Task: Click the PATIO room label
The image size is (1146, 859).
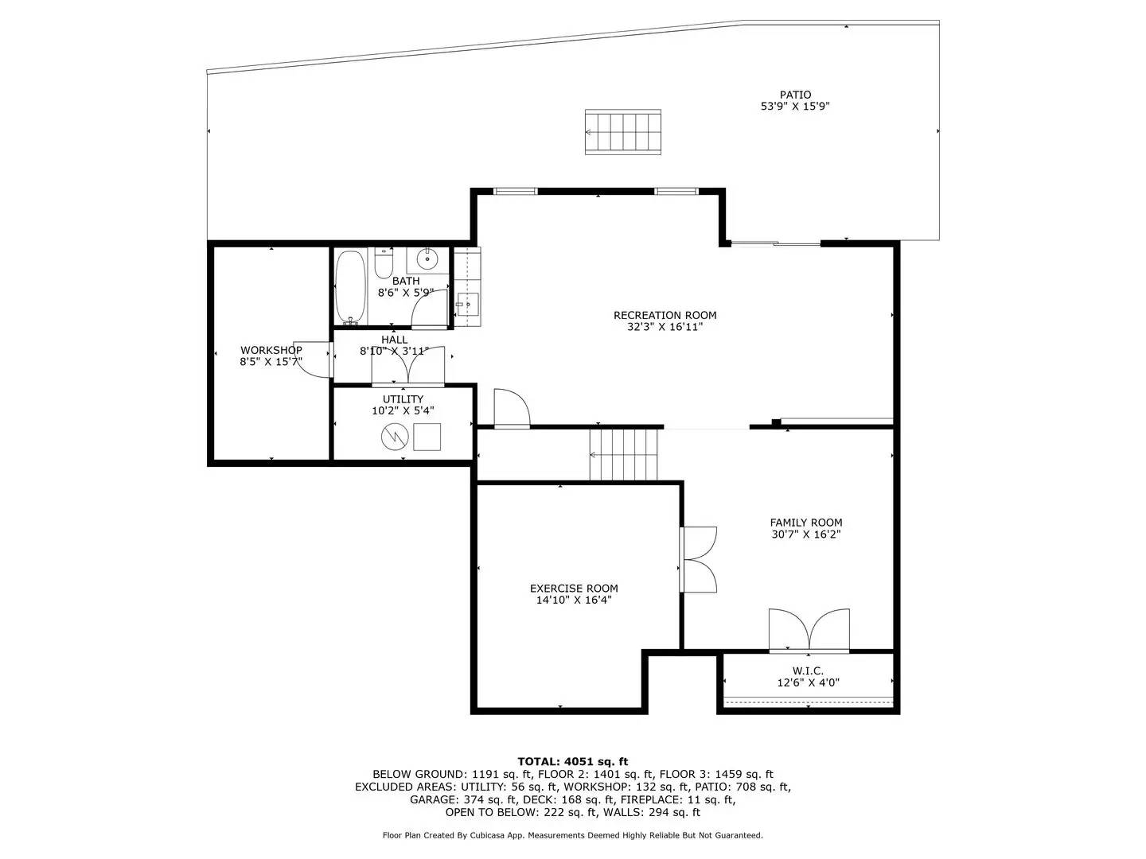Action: [x=795, y=95]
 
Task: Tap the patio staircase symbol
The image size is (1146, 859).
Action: [x=623, y=132]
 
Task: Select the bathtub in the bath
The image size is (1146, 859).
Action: [x=350, y=287]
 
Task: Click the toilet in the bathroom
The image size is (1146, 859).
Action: [x=384, y=263]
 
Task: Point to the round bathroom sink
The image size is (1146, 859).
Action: [x=427, y=258]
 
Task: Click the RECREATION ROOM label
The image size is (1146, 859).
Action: [x=665, y=315]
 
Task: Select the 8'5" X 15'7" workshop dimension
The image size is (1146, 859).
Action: [x=271, y=362]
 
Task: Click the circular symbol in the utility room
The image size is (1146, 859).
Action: [x=394, y=437]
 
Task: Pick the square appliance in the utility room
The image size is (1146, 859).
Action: [x=427, y=437]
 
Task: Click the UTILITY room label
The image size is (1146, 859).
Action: [x=403, y=399]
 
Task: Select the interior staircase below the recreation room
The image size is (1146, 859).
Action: [x=623, y=454]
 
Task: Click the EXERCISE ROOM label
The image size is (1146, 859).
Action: [x=574, y=589]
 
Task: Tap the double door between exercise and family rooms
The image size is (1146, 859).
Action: [x=697, y=560]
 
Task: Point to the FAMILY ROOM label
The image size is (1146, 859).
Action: [x=806, y=523]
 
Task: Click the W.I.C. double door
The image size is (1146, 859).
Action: [x=809, y=630]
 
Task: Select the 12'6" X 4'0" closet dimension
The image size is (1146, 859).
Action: [x=809, y=682]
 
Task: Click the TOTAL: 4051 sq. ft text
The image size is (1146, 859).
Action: [x=573, y=762]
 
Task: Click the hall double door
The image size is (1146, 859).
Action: [x=407, y=366]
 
